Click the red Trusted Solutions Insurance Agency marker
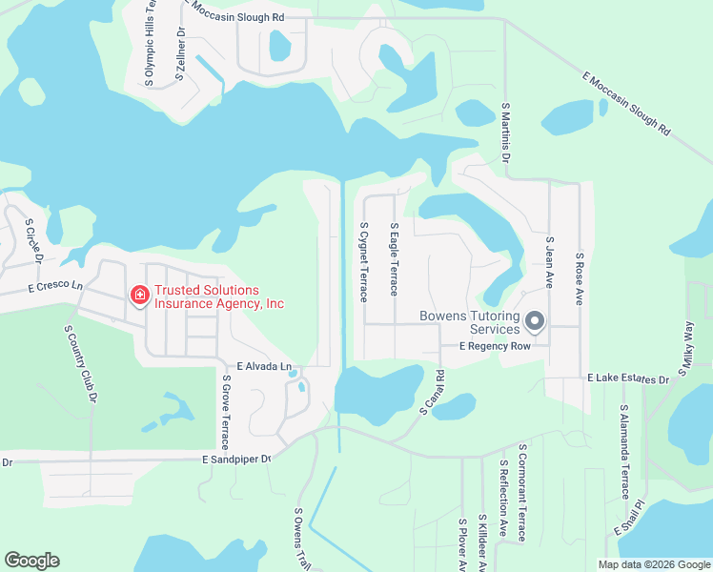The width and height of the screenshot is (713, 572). click(139, 297)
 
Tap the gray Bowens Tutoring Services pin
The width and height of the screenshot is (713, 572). click(535, 323)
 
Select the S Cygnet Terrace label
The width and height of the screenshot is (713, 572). click(363, 262)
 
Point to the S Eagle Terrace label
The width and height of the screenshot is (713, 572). click(394, 259)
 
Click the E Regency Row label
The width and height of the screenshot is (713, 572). click(494, 346)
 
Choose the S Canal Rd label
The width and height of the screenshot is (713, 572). click(433, 393)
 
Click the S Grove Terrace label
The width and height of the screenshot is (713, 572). click(226, 413)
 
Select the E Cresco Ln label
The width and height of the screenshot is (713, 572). click(56, 286)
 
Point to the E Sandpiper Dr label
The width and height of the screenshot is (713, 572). click(237, 459)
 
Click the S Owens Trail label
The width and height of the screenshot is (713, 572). click(302, 538)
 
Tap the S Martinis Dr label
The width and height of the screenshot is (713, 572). click(505, 133)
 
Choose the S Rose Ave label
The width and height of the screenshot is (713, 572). click(579, 277)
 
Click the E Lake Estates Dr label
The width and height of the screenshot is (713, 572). click(628, 379)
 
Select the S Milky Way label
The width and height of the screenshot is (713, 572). click(687, 343)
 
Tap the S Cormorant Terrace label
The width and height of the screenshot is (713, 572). click(522, 492)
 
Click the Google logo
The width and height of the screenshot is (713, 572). click(31, 561)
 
